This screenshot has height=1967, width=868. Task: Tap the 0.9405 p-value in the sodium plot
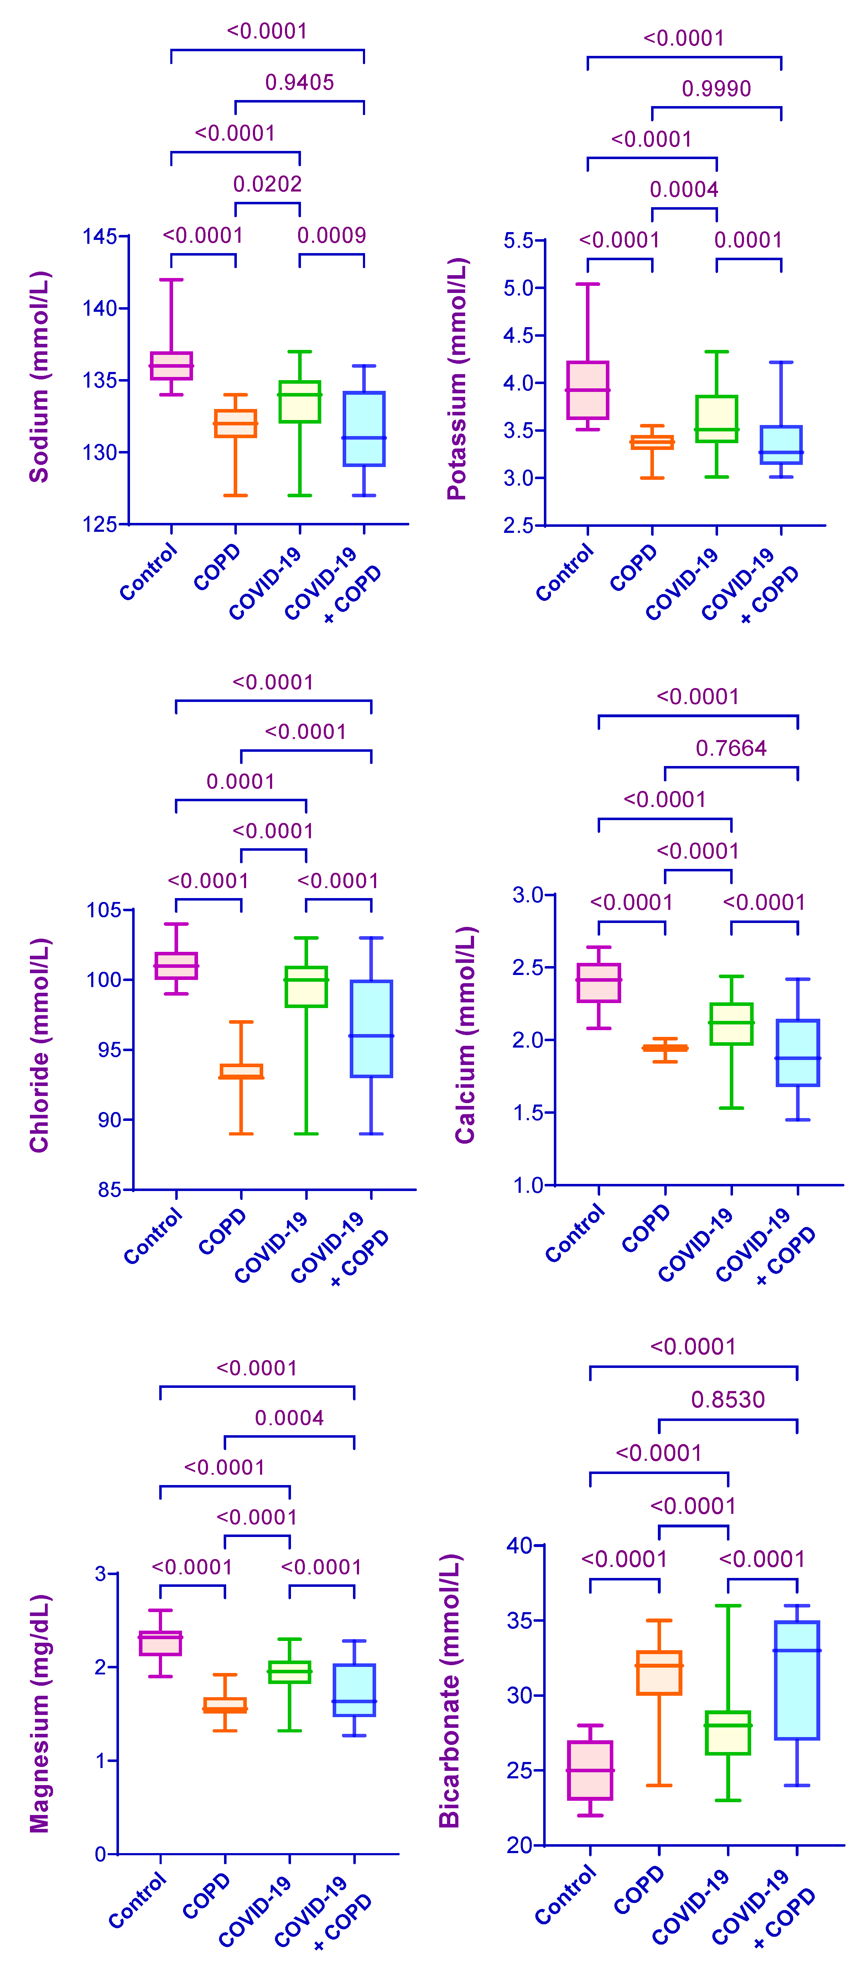(300, 83)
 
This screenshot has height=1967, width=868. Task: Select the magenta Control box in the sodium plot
(171, 366)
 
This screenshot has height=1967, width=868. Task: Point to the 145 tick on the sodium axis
(100, 237)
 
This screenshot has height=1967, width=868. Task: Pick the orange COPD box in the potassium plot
(652, 442)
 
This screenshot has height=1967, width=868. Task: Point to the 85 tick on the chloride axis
(109, 1190)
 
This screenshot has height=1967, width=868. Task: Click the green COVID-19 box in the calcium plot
(731, 1023)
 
